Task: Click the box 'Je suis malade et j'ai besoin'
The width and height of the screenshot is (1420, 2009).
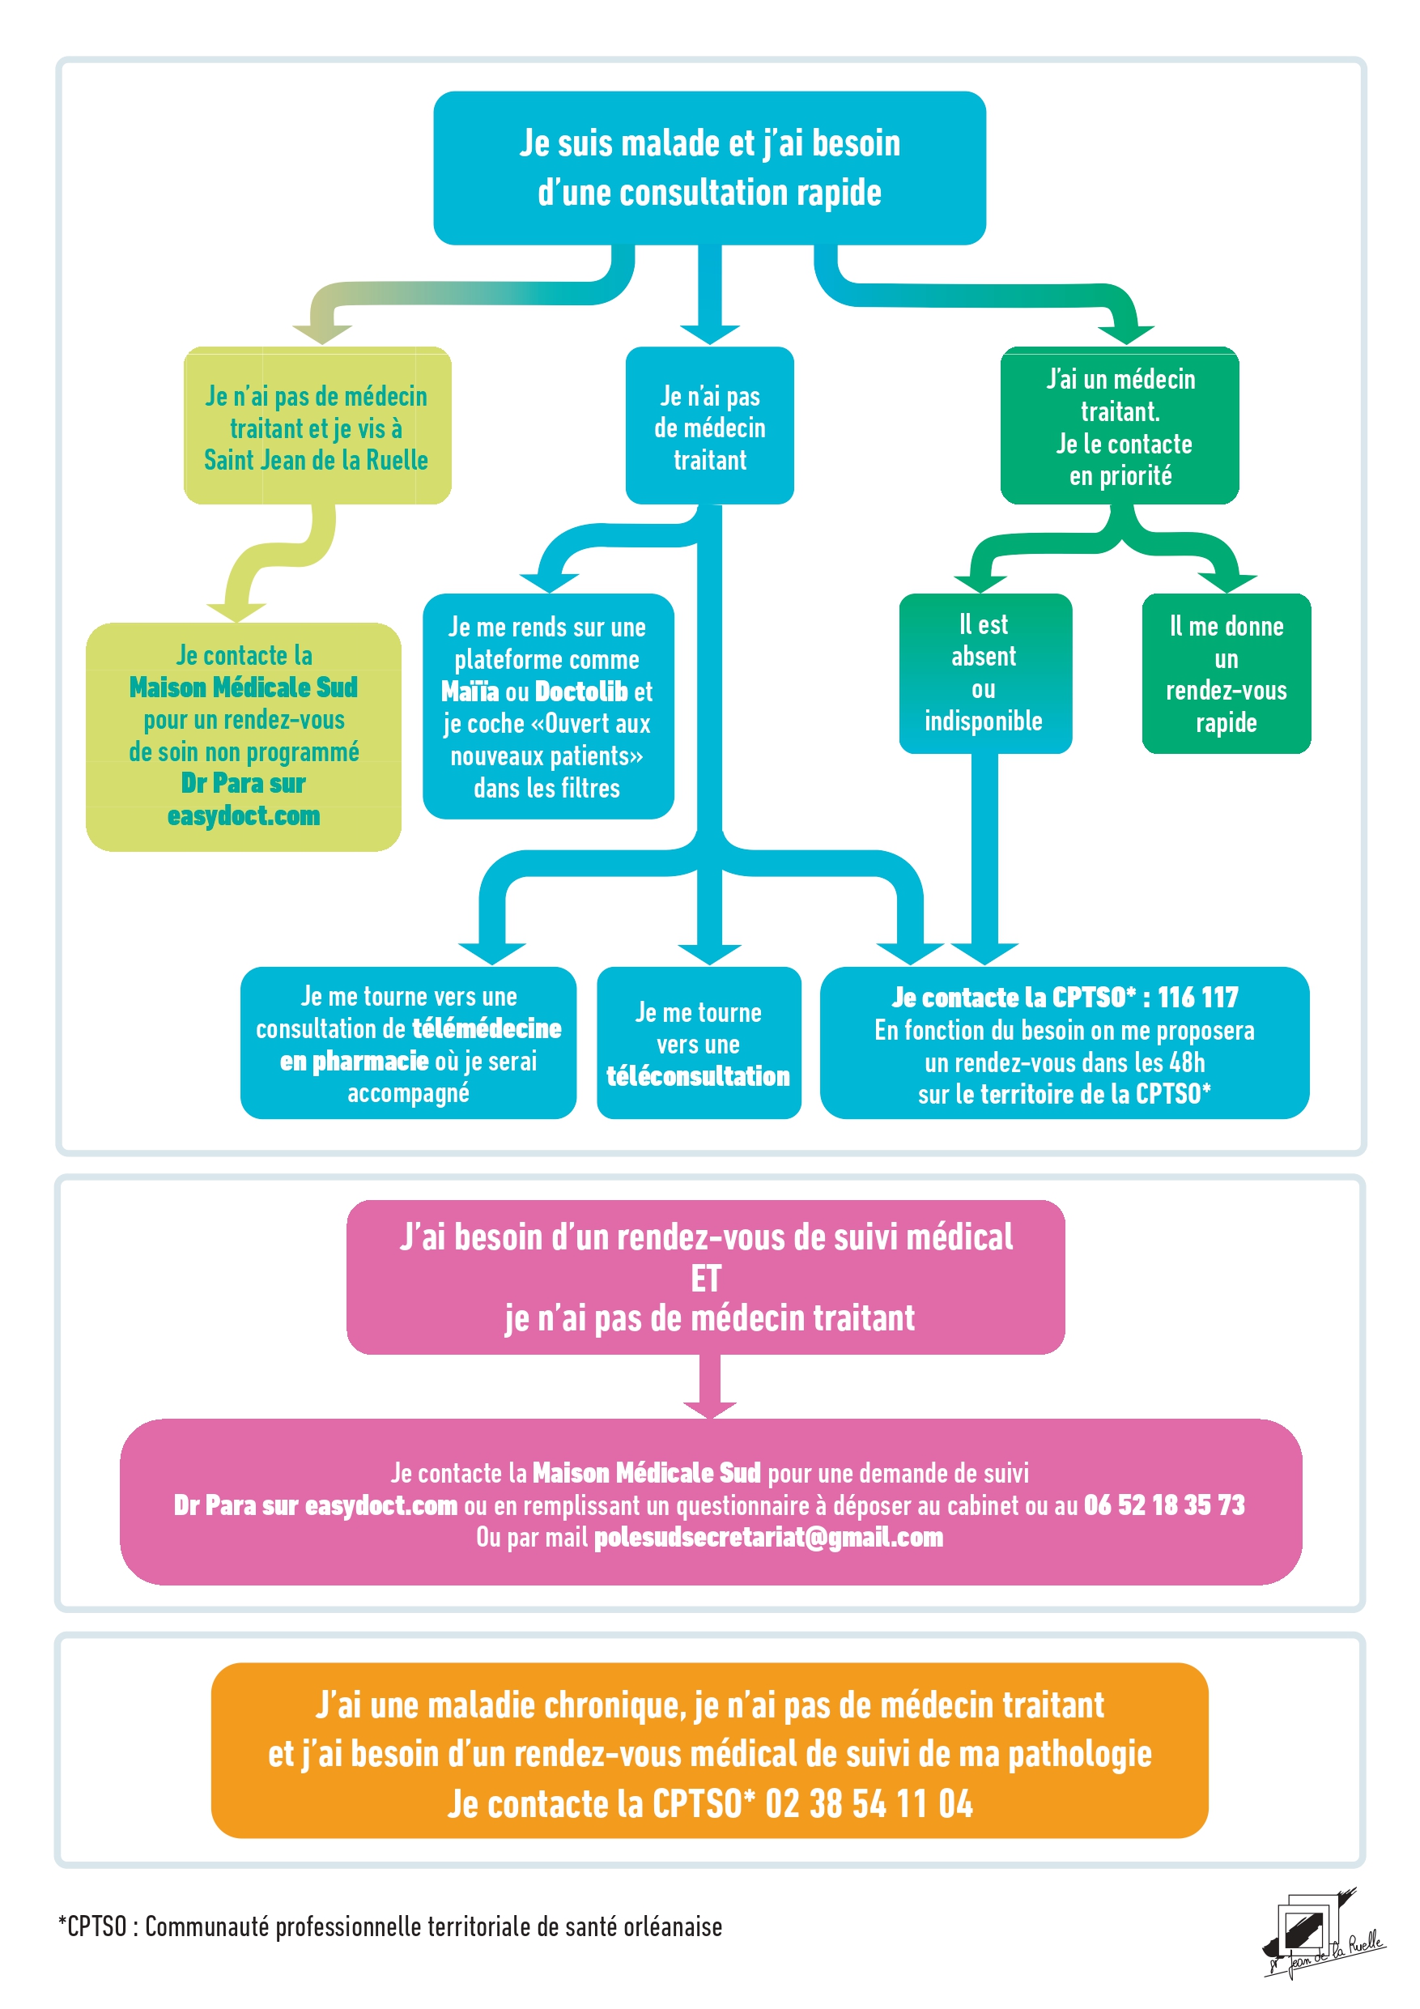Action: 709,167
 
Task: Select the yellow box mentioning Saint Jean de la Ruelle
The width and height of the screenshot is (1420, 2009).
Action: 317,426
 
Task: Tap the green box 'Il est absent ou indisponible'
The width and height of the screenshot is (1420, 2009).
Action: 984,673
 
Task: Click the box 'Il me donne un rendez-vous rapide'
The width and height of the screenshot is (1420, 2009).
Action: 1226,674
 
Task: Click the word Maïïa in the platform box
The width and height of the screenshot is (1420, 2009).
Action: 470,692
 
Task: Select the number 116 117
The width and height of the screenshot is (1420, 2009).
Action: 1197,998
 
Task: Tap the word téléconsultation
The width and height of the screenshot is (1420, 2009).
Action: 698,1076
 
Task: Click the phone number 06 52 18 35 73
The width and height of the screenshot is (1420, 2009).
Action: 1163,1505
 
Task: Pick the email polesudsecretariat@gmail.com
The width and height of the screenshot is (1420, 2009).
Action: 768,1538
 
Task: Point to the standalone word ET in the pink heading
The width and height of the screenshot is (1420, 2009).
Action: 706,1279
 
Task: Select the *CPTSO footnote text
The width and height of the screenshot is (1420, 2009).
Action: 390,1926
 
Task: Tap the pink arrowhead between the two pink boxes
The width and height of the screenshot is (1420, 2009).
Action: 709,1408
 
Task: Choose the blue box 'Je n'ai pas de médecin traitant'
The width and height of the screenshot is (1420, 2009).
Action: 709,427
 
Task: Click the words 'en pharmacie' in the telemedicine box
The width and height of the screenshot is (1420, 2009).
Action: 354,1062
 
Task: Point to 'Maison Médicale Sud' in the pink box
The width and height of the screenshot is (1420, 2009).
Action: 646,1474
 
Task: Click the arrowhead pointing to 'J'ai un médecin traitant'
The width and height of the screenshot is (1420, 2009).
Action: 1125,334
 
